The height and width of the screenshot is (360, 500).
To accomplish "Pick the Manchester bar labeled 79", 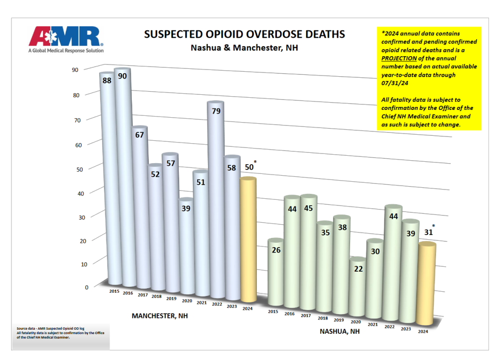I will coord(215,195).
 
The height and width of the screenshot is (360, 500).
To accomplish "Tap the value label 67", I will coord(139,135).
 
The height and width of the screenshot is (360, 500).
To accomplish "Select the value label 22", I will coord(358,269).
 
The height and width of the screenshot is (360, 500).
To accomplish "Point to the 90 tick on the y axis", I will coord(75,70).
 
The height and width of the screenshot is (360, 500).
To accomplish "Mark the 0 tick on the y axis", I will coord(86,287).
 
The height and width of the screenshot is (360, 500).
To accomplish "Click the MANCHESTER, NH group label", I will coord(160,316).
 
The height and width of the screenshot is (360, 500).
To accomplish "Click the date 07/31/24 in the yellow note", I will coord(394,83).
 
